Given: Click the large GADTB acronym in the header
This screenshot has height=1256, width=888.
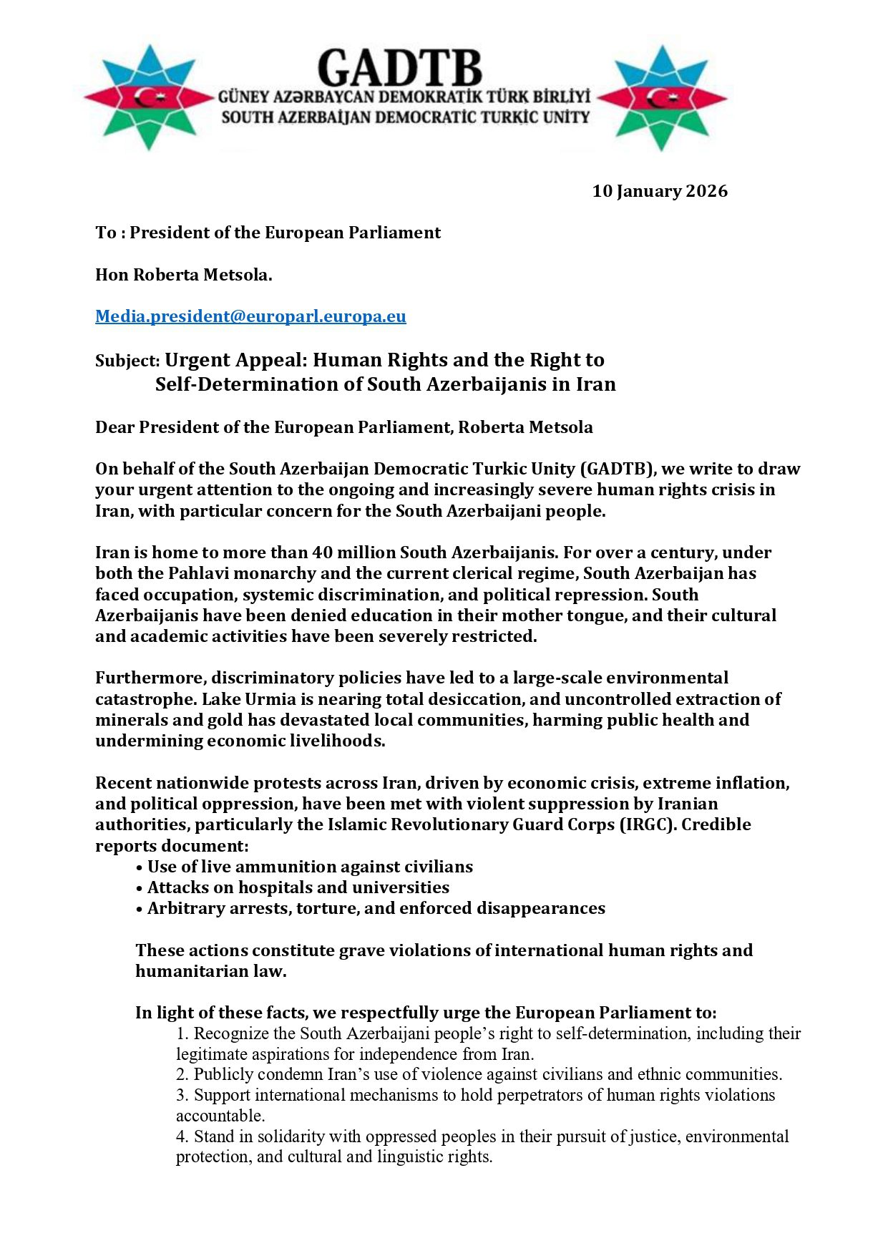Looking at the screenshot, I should [x=399, y=69].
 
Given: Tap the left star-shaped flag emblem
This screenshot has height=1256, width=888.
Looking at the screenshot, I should [x=149, y=97].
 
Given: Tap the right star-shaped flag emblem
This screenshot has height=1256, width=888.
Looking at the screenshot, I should [x=662, y=97].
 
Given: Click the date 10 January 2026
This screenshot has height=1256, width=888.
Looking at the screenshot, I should [x=659, y=191].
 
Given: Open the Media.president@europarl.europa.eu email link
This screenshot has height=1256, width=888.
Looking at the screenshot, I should [x=250, y=316].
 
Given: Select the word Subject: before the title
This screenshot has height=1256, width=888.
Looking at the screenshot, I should [x=127, y=361].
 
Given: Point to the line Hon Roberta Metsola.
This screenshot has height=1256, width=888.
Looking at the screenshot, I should [x=184, y=275].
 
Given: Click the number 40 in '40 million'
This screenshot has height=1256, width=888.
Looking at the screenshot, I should [x=321, y=552].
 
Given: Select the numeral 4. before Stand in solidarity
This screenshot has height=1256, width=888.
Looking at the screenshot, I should [x=183, y=1136].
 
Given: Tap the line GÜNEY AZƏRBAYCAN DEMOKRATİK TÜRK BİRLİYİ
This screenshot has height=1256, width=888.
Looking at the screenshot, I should [x=404, y=96].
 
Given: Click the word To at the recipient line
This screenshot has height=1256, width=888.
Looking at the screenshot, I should [x=105, y=233].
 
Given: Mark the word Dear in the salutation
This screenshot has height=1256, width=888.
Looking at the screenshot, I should [x=114, y=427].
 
